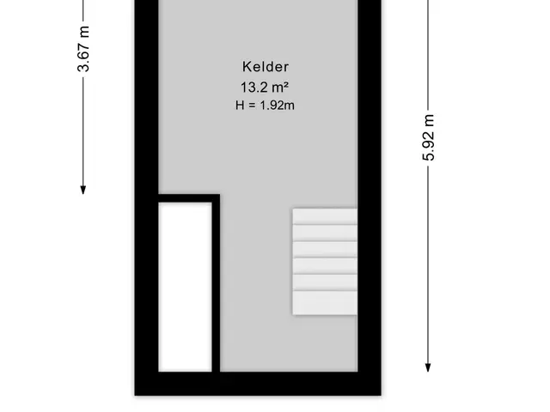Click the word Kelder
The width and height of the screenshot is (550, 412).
click(x=266, y=67)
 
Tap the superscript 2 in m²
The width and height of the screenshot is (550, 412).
click(x=286, y=84)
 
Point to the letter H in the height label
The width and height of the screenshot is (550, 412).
click(x=240, y=105)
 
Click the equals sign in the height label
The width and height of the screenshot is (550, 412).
click(x=252, y=105)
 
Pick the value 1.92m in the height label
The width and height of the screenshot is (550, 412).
click(x=277, y=105)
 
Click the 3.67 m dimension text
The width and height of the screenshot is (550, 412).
click(x=84, y=49)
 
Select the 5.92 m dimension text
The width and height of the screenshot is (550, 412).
click(x=428, y=137)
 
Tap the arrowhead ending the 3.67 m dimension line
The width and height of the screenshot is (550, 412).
click(x=83, y=190)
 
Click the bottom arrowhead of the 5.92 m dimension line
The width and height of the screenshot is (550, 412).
click(x=428, y=367)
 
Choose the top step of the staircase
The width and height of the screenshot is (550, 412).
click(x=325, y=216)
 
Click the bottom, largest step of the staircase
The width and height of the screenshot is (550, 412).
click(x=325, y=303)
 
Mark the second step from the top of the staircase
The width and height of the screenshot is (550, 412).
click(x=325, y=233)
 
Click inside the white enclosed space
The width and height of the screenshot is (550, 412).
click(x=185, y=287)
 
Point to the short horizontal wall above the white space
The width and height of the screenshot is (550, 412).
click(x=189, y=198)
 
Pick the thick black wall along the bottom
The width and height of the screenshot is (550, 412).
click(x=258, y=384)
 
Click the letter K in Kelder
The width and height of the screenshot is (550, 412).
click(x=247, y=67)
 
